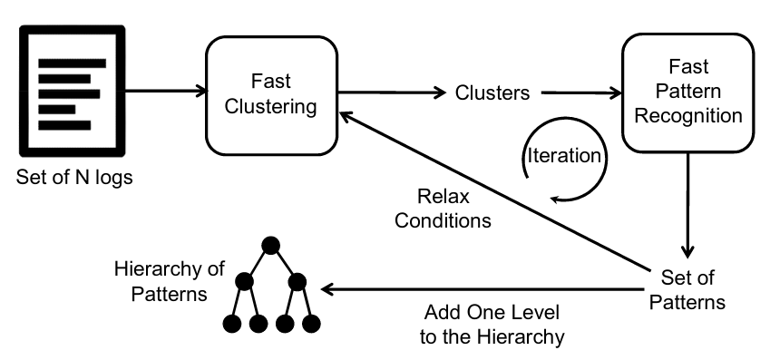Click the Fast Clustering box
click(x=273, y=94)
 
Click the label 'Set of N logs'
click(x=74, y=177)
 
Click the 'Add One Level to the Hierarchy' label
click(x=494, y=325)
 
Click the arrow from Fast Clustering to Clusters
click(x=390, y=92)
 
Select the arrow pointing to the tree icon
click(x=481, y=289)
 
